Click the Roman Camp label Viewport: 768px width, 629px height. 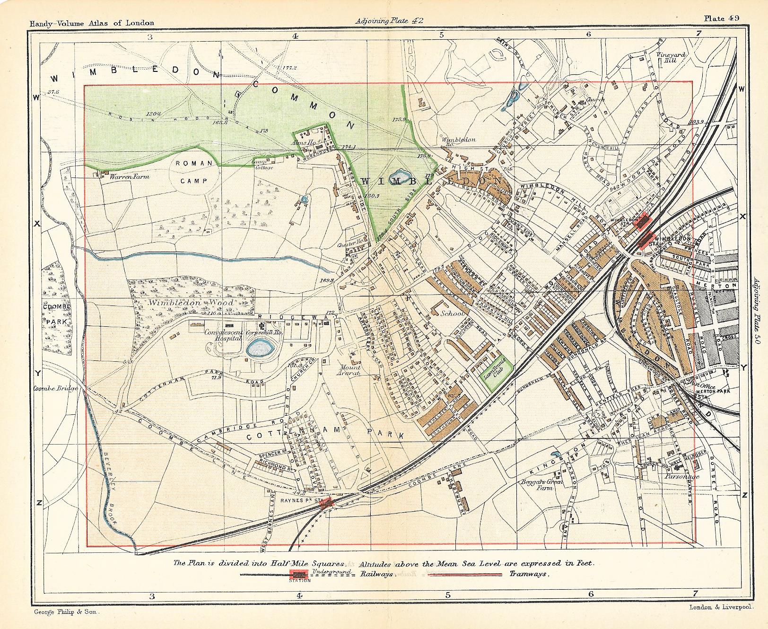pyautogui.click(x=194, y=172)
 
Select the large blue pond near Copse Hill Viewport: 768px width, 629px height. pyautogui.click(x=260, y=349)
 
